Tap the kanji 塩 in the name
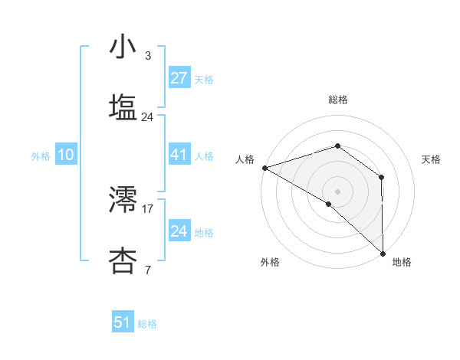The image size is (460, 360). pyautogui.click(x=123, y=106)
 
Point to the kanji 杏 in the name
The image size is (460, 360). pyautogui.click(x=123, y=260)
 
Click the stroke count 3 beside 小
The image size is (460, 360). pyautogui.click(x=147, y=56)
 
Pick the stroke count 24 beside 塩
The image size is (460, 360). pyautogui.click(x=147, y=116)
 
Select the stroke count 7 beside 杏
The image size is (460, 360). pyautogui.click(x=147, y=269)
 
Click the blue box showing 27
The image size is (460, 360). pyautogui.click(x=179, y=78)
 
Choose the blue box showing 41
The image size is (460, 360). pyautogui.click(x=179, y=155)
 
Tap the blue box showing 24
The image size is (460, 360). pyautogui.click(x=179, y=231)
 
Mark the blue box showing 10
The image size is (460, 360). pyautogui.click(x=66, y=155)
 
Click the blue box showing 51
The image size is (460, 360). pyautogui.click(x=123, y=322)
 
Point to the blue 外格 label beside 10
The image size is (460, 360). pyautogui.click(x=41, y=156)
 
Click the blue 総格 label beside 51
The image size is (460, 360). pyautogui.click(x=147, y=324)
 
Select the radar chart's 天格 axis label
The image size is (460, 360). pyautogui.click(x=432, y=159)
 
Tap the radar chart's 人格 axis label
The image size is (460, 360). pyautogui.click(x=245, y=159)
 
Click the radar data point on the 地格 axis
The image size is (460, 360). pyautogui.click(x=382, y=253)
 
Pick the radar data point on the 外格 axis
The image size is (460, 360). pyautogui.click(x=329, y=204)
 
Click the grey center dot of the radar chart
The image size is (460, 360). pyautogui.click(x=337, y=191)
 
